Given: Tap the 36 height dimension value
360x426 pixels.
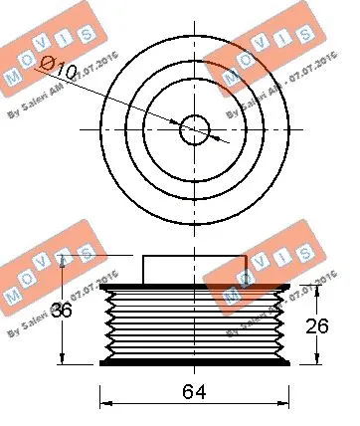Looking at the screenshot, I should [x=62, y=311].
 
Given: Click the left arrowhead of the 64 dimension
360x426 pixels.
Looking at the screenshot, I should [x=105, y=403].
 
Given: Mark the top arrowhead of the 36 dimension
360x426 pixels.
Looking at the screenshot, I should [x=64, y=261].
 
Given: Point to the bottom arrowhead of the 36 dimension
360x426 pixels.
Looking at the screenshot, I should [x=64, y=360].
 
